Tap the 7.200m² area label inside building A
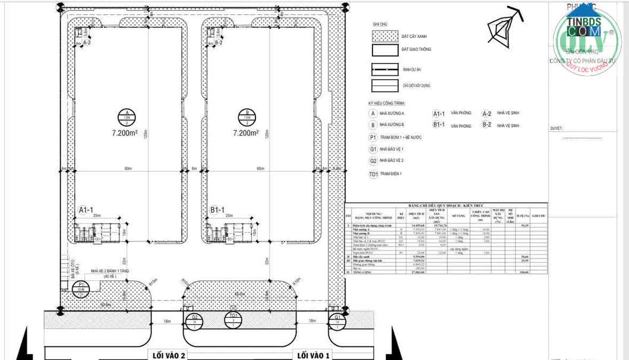point(127,134)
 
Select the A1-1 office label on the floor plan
point(86,210)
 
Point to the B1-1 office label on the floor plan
point(217,210)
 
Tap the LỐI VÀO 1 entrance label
point(312,355)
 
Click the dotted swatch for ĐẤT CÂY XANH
point(384,36)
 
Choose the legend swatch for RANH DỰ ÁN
point(384,68)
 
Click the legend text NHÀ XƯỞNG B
point(392,125)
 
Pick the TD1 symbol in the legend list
point(373,173)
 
